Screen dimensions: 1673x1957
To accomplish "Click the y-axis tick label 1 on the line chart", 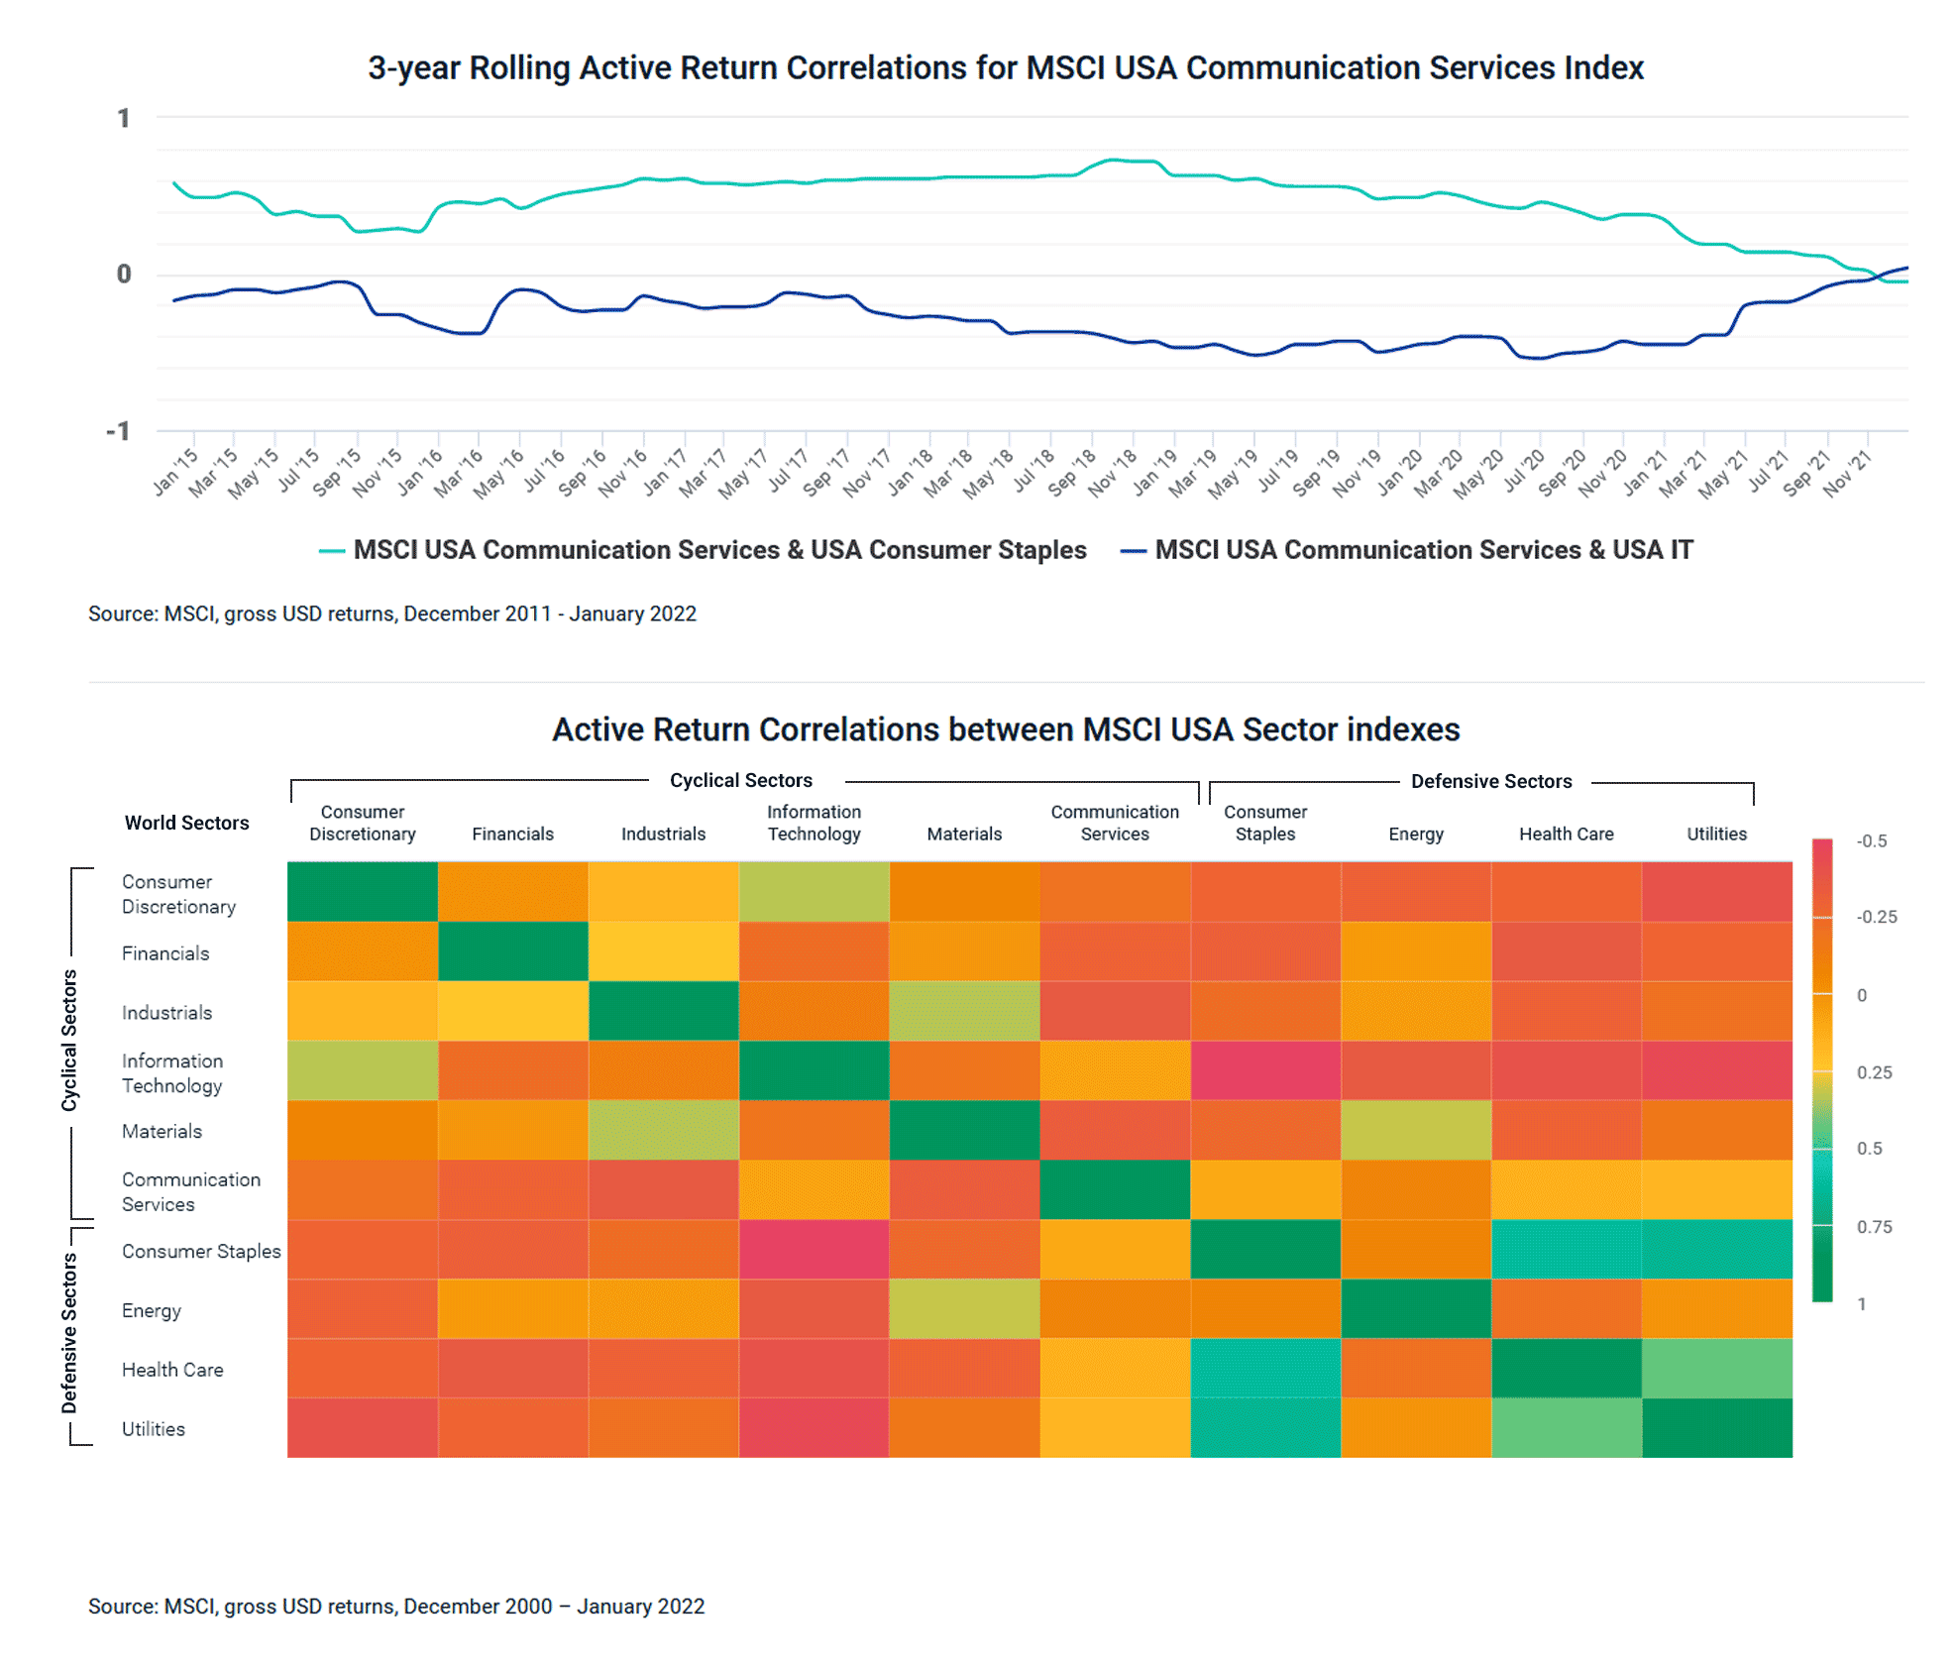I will (x=124, y=119).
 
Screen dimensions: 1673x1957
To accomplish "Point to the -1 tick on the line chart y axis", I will (x=118, y=431).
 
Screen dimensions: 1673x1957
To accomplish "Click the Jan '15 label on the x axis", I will (x=176, y=472).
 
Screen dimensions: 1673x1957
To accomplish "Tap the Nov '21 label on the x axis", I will (x=1847, y=472).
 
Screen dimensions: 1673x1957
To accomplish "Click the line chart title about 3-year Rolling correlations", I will (x=1005, y=68).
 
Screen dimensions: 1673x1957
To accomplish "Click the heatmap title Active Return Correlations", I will (x=1005, y=729).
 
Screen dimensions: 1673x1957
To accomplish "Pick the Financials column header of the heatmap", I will (x=512, y=834).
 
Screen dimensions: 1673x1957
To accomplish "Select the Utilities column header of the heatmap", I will (x=1716, y=834).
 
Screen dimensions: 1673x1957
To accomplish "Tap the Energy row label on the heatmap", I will (x=152, y=1310).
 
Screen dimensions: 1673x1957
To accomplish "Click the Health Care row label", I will (x=172, y=1370).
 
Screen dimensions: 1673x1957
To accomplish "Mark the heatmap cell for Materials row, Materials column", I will (x=964, y=1130).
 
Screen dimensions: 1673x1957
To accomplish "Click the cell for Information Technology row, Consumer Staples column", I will (x=1265, y=1070).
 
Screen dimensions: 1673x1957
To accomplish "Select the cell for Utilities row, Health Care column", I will (x=1566, y=1428).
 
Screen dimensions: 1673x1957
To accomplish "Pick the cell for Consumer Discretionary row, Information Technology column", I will (x=814, y=891).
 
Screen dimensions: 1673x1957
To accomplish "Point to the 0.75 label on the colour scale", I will (x=1874, y=1227).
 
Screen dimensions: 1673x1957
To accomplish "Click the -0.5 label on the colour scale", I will (x=1871, y=841).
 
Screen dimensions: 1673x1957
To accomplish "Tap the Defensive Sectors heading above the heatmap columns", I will (x=1490, y=781).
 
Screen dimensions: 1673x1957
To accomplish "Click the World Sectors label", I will (x=186, y=823).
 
